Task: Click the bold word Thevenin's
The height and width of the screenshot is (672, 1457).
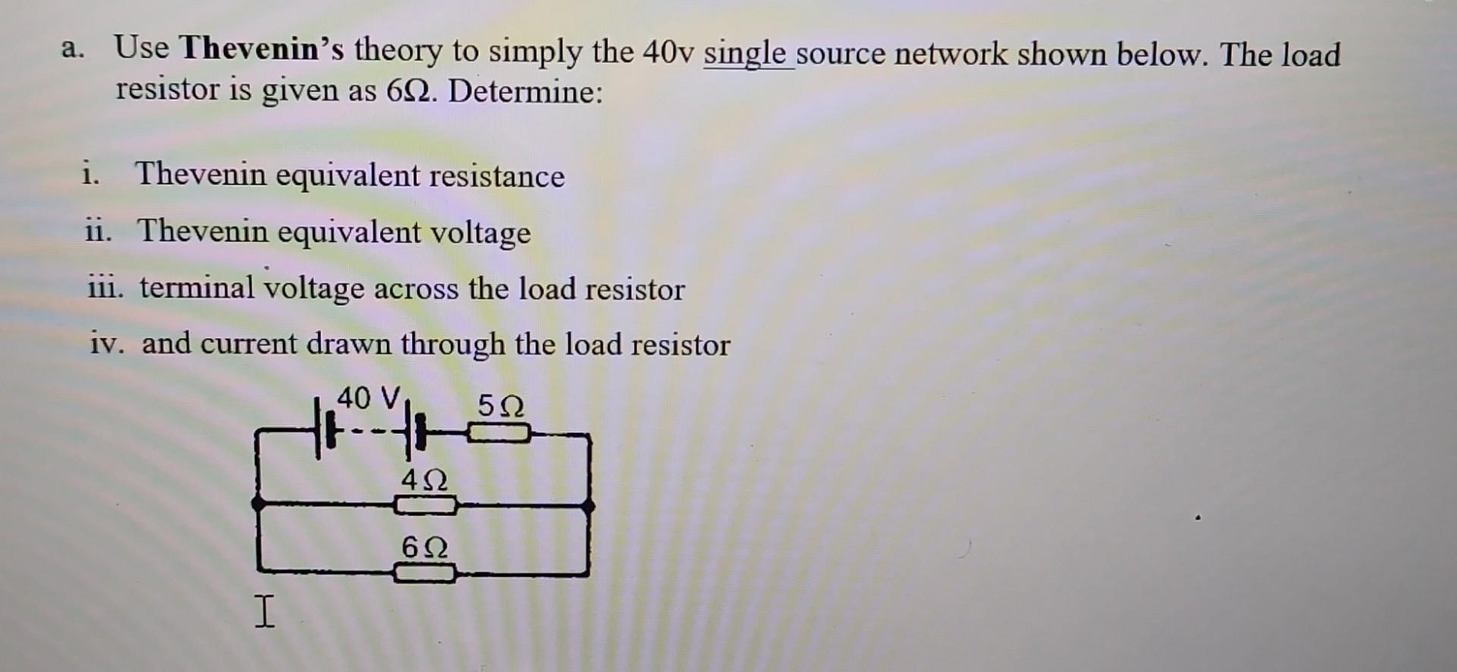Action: (x=262, y=50)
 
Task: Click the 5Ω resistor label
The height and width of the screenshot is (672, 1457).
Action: (x=501, y=406)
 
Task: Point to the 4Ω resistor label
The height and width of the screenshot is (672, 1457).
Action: (x=425, y=480)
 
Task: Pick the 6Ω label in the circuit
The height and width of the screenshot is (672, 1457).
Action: (x=425, y=547)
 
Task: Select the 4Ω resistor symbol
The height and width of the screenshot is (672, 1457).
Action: (x=426, y=504)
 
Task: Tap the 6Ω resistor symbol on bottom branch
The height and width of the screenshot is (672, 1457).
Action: (x=425, y=572)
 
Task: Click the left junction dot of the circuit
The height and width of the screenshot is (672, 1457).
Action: (x=259, y=503)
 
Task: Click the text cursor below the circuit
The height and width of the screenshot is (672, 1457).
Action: (x=263, y=612)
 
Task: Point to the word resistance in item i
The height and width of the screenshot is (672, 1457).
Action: (x=496, y=176)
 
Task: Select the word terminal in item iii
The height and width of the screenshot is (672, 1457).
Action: (x=197, y=288)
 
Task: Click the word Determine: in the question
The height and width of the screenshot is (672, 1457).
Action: (x=525, y=92)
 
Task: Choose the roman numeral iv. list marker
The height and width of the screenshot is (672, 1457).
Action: (x=107, y=344)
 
